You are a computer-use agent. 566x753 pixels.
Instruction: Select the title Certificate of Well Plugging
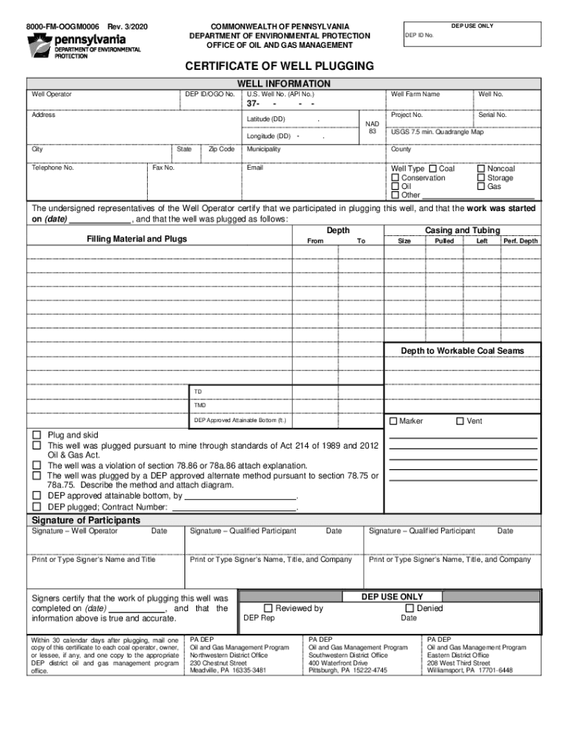(283, 66)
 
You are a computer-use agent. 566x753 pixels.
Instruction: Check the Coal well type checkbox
(433, 168)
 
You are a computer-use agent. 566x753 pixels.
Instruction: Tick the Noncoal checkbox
(481, 168)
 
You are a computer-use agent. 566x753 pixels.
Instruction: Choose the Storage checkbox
(481, 178)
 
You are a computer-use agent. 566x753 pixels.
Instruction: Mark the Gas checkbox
(481, 187)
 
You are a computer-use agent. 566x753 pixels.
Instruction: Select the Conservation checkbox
(395, 178)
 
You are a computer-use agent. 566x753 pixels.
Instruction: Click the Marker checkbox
(393, 421)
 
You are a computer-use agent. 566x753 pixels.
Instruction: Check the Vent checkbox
(460, 421)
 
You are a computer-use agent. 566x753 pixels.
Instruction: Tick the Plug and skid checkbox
(36, 435)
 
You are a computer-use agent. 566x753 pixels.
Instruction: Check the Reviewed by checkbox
(268, 608)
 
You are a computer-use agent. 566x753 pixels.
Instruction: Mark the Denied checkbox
(409, 608)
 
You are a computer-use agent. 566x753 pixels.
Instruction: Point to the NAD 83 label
(372, 127)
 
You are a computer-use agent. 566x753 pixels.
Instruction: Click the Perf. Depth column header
(520, 241)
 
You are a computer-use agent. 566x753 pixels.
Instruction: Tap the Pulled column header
(444, 241)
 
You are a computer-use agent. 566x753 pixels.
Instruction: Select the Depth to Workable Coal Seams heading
(462, 351)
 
